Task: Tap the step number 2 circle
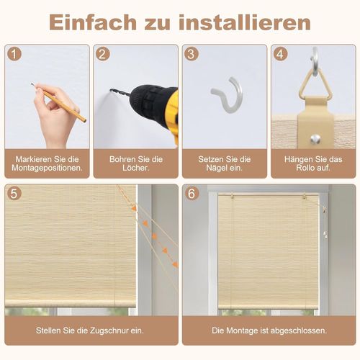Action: click(103, 54)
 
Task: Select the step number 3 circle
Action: click(191, 54)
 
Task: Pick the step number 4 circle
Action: click(280, 54)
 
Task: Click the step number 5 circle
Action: click(15, 194)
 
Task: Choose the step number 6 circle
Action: click(192, 194)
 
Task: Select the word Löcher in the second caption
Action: click(136, 169)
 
